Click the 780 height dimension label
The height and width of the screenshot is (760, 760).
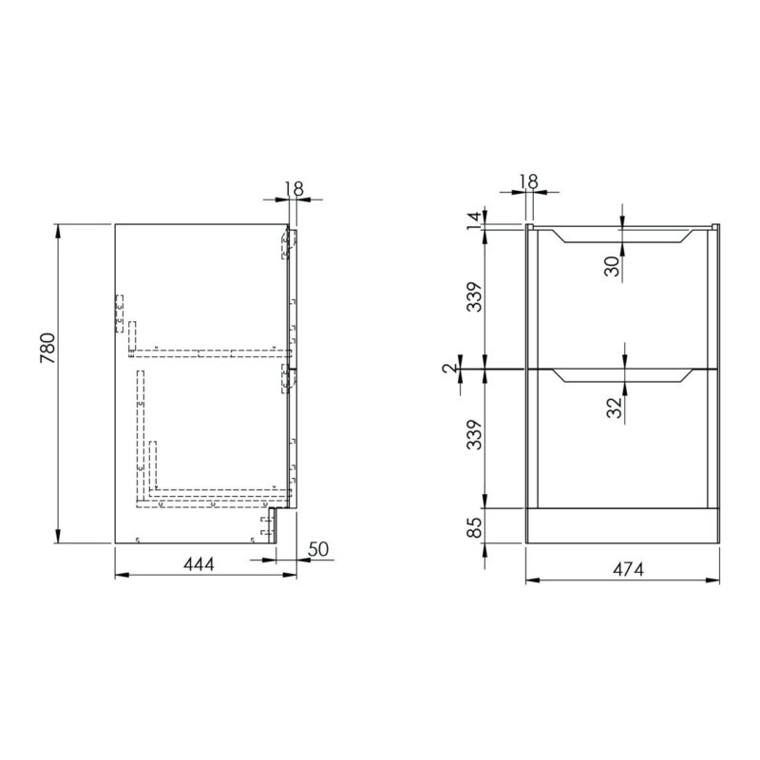pyautogui.click(x=48, y=348)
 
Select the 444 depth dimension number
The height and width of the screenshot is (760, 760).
pyautogui.click(x=199, y=564)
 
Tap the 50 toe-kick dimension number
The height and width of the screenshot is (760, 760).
pyautogui.click(x=318, y=549)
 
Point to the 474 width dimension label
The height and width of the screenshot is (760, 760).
pyautogui.click(x=628, y=569)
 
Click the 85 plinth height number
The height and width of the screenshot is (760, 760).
pyautogui.click(x=476, y=527)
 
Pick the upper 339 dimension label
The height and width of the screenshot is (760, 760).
pyautogui.click(x=476, y=296)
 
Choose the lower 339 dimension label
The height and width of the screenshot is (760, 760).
pyautogui.click(x=476, y=435)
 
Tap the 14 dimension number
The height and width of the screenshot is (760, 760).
pyautogui.click(x=476, y=220)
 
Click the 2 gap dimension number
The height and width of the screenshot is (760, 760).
pyautogui.click(x=450, y=368)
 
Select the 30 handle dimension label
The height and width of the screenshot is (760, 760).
pyautogui.click(x=612, y=266)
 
